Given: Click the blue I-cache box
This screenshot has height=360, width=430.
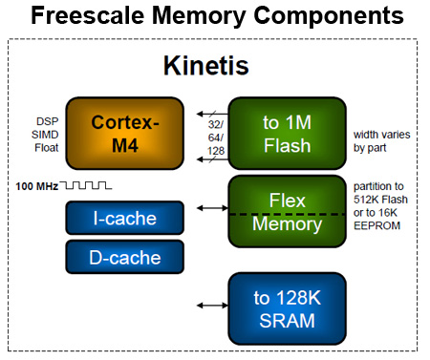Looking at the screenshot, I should click(x=123, y=219).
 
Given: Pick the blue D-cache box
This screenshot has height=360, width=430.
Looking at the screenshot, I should click(x=123, y=256).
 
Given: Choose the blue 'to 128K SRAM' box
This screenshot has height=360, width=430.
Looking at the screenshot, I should click(x=286, y=307).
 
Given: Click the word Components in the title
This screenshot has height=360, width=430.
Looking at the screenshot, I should click(x=333, y=17).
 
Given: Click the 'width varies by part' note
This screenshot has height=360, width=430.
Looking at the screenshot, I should click(x=381, y=141).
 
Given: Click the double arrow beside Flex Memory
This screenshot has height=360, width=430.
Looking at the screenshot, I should click(x=209, y=206).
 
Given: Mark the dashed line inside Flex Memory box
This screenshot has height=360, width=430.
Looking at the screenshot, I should click(x=286, y=214).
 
